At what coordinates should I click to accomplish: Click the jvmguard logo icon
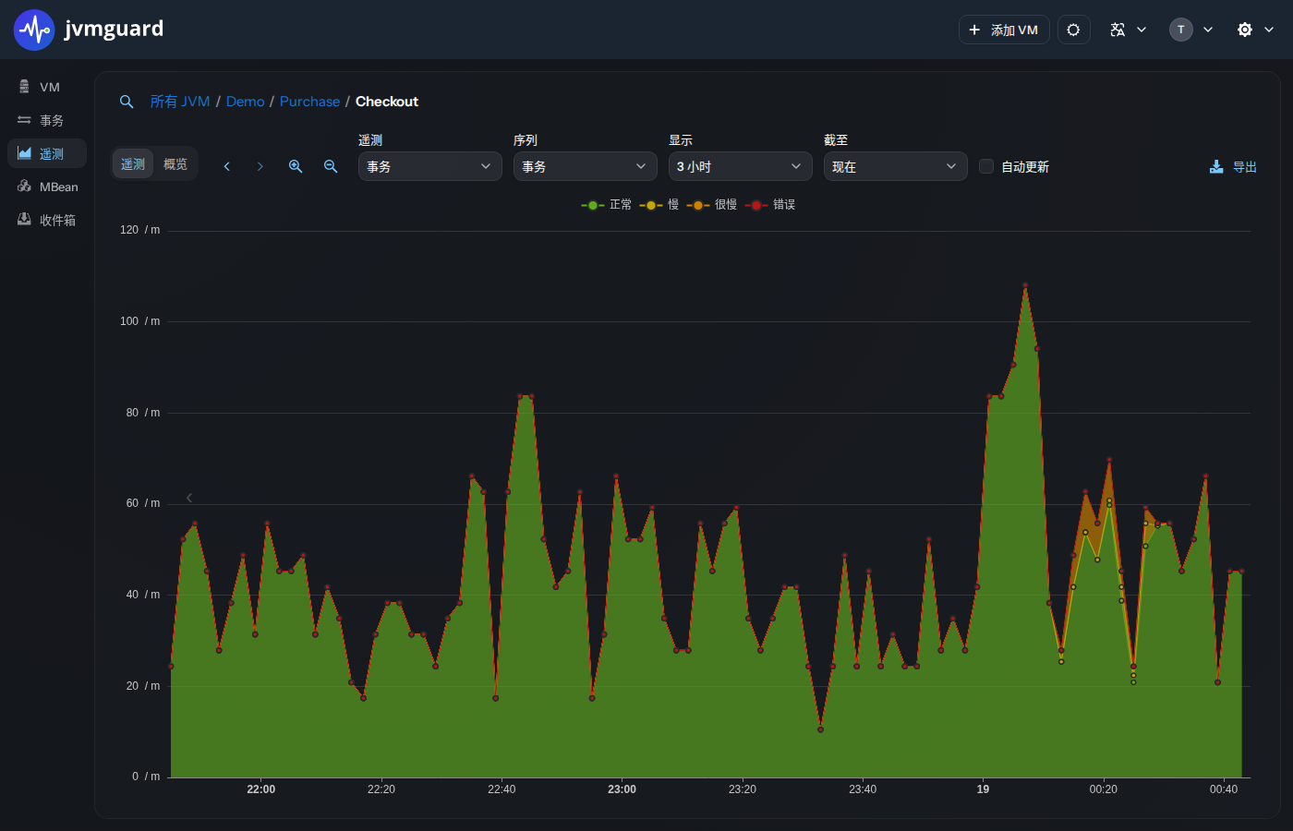pyautogui.click(x=34, y=30)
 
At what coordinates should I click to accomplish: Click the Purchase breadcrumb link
pyautogui.click(x=309, y=102)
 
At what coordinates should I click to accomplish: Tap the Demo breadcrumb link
pyautogui.click(x=246, y=102)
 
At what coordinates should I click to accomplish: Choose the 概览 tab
pyautogui.click(x=175, y=164)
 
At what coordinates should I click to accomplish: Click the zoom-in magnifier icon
pyautogui.click(x=296, y=166)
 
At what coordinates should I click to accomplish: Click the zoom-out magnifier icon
pyautogui.click(x=331, y=166)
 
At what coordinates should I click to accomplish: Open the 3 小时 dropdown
pyautogui.click(x=740, y=166)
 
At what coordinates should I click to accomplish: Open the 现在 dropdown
pyautogui.click(x=895, y=166)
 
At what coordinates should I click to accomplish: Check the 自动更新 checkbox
pyautogui.click(x=986, y=166)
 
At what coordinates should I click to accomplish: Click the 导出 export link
pyautogui.click(x=1233, y=167)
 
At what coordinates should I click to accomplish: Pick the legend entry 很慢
pyautogui.click(x=712, y=205)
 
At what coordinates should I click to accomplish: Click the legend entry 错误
pyautogui.click(x=770, y=205)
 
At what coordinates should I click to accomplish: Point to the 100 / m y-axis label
pyautogui.click(x=139, y=321)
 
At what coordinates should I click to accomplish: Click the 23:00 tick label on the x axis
pyautogui.click(x=622, y=789)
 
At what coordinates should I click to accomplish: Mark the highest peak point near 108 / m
pyautogui.click(x=1025, y=285)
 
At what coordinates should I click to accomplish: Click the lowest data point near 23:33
pyautogui.click(x=820, y=729)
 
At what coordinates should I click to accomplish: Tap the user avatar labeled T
pyautogui.click(x=1180, y=30)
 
